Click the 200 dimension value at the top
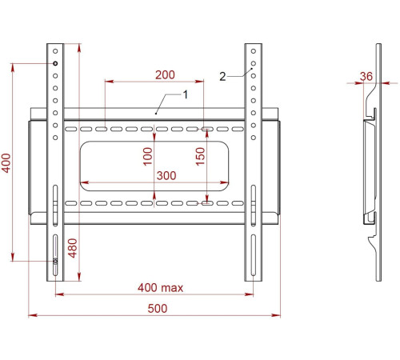click(165, 74)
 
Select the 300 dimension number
click(166, 175)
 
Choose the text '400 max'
click(161, 287)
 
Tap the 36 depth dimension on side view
click(367, 76)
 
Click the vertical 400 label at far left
click(7, 165)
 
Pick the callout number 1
click(185, 94)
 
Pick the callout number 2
click(222, 77)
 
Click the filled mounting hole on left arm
click(54, 63)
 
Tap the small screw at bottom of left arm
click(54, 261)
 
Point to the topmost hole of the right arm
click(253, 52)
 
